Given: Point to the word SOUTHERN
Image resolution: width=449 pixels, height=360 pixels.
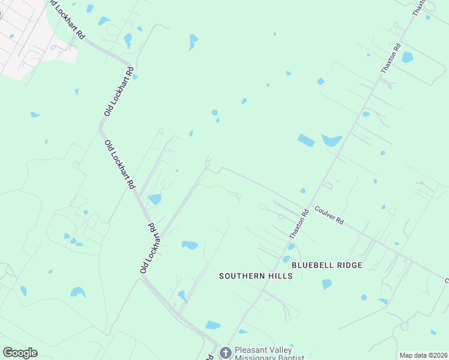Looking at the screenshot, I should click(242, 276).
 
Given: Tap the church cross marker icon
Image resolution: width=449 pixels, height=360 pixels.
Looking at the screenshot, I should click(226, 352).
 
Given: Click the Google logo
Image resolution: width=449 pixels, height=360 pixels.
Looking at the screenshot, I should click(20, 353).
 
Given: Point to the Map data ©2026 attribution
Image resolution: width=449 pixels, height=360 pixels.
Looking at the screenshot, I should click(423, 355).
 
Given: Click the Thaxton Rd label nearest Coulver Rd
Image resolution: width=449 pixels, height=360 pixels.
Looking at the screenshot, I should click(298, 223).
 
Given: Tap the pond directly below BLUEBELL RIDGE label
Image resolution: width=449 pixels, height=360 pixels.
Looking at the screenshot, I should click(327, 284).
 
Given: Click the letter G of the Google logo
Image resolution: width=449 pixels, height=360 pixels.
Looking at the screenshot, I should click(8, 353).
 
